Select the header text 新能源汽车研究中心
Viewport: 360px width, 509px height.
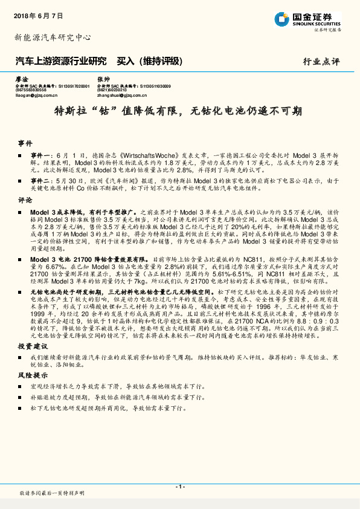pyautogui.click(x=53, y=37)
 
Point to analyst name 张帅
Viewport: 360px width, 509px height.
pyautogui.click(x=103, y=79)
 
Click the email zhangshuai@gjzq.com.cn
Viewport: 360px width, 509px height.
pyautogui.click(x=123, y=95)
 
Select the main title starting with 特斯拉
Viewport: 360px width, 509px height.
pyautogui.click(x=179, y=112)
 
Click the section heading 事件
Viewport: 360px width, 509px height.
pyautogui.click(x=25, y=144)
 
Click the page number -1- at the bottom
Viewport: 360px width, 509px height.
pyautogui.click(x=179, y=487)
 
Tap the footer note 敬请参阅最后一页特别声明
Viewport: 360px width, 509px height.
pyautogui.click(x=51, y=494)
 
